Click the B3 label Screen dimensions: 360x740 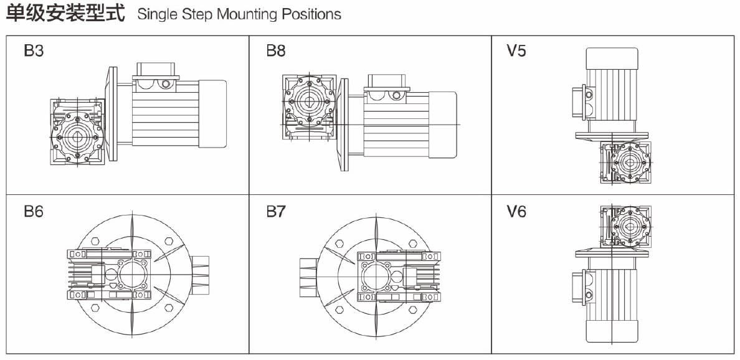[34, 51]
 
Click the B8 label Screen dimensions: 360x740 [276, 51]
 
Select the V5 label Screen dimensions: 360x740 [516, 51]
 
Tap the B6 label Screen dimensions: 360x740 [34, 212]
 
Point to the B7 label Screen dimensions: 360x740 [276, 212]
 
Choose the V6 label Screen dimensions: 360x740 [516, 212]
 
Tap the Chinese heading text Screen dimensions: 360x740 [65, 13]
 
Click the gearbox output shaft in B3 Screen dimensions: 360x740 [77, 136]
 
